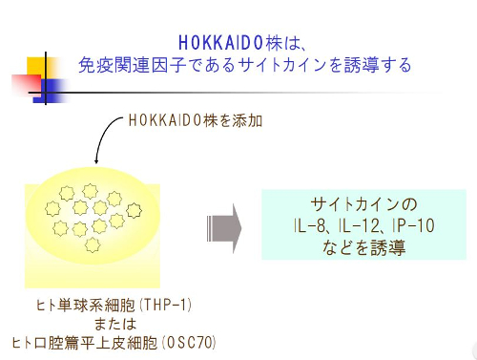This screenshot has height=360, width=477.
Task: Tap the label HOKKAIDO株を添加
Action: click(x=195, y=121)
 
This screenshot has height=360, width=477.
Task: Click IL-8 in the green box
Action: click(x=310, y=226)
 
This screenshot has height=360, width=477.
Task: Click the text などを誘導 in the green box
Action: click(x=364, y=247)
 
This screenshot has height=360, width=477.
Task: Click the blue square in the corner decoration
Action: click(x=48, y=91)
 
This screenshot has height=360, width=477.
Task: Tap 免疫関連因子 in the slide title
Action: click(x=123, y=65)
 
